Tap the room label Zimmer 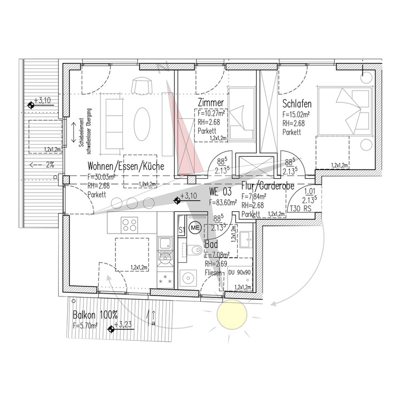point(210,103)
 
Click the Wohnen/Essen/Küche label point(126,166)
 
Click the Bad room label point(211,245)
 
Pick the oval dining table point(141,124)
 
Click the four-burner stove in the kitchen point(129,224)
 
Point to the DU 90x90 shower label point(239,272)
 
